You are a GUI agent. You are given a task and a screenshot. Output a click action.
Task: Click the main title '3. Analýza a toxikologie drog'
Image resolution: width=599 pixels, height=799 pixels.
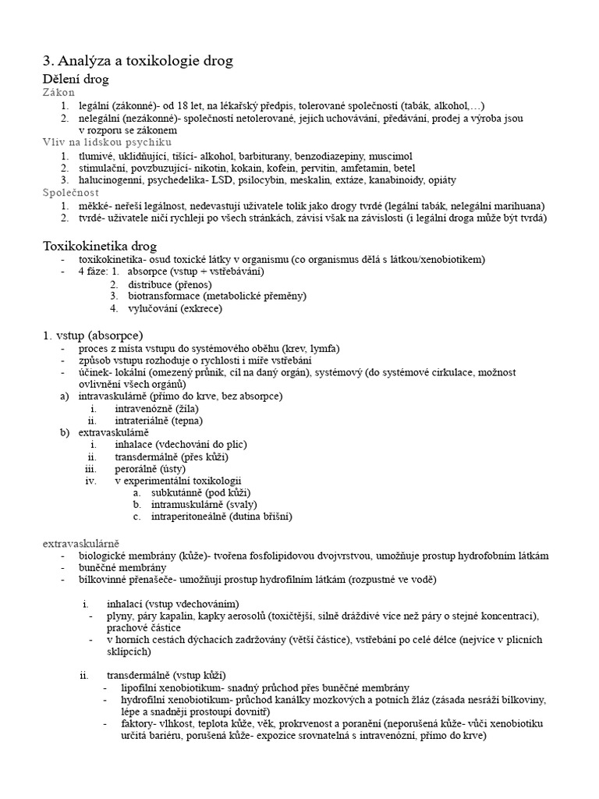(x=137, y=60)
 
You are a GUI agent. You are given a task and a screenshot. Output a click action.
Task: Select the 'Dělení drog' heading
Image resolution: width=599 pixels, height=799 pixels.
(x=76, y=79)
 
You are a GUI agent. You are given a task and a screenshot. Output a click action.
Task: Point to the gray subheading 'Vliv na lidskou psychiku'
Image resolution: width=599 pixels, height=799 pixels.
(x=107, y=143)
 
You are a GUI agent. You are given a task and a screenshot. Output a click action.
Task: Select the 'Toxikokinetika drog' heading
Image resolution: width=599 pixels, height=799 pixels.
(x=100, y=246)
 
